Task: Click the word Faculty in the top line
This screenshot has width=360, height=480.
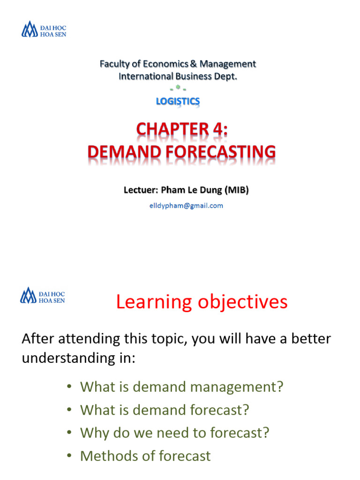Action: point(114,64)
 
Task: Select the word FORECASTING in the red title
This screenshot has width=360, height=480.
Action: point(221,152)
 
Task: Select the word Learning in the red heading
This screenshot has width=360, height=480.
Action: point(153,302)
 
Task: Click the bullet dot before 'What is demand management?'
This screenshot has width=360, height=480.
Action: point(68,387)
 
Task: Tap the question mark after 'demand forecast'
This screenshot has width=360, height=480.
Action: point(245,410)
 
